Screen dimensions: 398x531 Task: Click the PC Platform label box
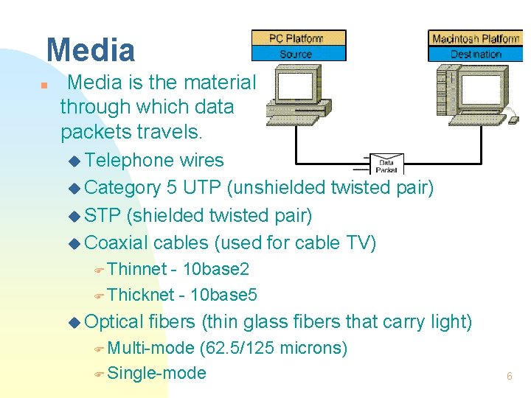[298, 38]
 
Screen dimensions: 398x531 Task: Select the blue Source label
[298, 54]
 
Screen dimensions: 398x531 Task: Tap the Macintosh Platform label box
[475, 38]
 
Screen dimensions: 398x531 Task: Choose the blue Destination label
[475, 54]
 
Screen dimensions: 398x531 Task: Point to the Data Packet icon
[386, 164]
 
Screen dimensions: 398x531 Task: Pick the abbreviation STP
[103, 215]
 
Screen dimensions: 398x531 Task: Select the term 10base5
[223, 296]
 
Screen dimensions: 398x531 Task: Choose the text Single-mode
[156, 374]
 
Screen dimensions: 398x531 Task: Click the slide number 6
[509, 376]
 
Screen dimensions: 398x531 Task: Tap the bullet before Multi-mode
[100, 349]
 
